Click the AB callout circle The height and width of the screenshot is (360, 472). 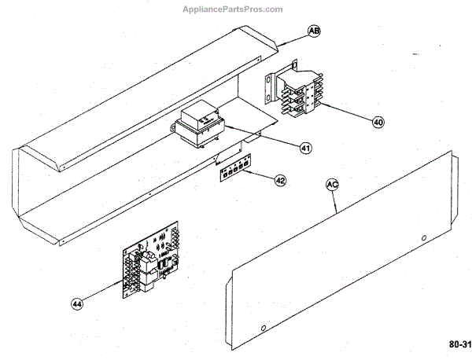pos(313,31)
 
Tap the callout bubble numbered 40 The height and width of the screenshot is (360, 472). pos(378,123)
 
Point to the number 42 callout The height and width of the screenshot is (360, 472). pos(280,180)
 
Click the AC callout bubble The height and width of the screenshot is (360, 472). pos(332,185)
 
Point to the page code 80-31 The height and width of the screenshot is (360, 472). pos(459,344)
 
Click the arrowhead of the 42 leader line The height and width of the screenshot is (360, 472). pos(251,173)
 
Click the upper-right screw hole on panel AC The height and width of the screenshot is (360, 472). pos(424,236)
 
